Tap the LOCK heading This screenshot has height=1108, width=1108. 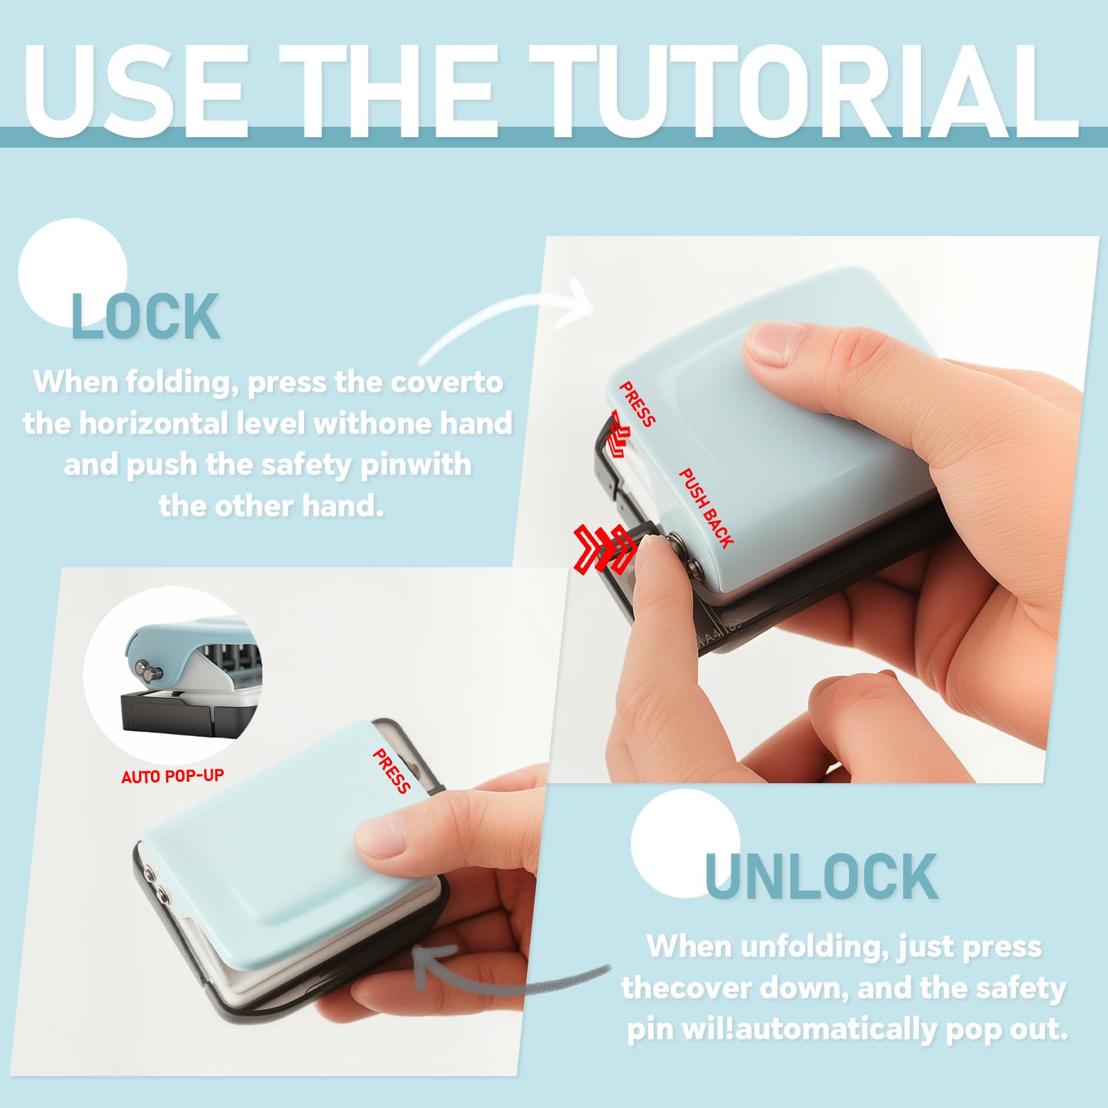[x=145, y=316]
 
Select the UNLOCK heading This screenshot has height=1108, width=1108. [x=821, y=877]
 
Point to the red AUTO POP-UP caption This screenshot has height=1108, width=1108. [x=172, y=776]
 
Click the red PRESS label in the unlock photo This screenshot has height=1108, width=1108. [x=391, y=771]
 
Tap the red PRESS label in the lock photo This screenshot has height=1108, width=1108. [x=637, y=404]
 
